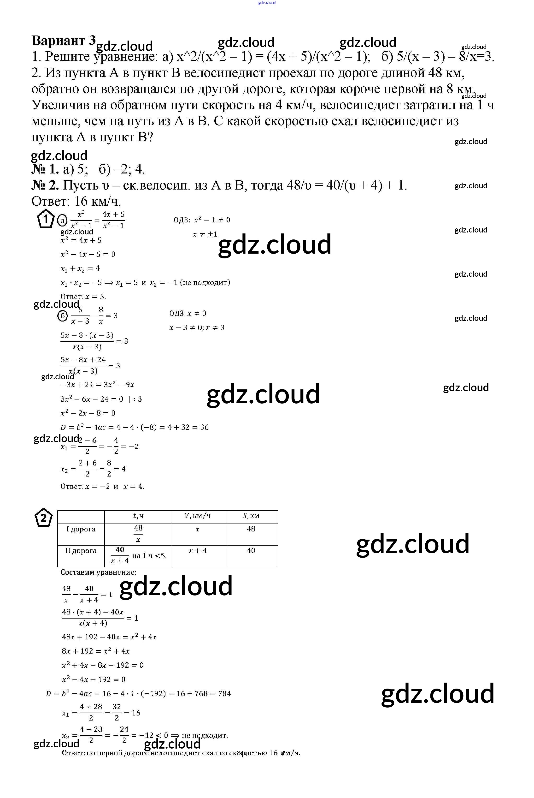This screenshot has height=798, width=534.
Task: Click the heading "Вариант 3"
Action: click(64, 41)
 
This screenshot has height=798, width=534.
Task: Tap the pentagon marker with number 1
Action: click(45, 220)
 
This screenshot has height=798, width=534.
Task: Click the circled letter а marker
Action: click(62, 220)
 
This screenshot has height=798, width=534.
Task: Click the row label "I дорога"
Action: click(81, 529)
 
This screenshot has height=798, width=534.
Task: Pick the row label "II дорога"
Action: click(81, 551)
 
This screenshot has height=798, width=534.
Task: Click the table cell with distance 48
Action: click(251, 529)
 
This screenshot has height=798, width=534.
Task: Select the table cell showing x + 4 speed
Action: click(198, 551)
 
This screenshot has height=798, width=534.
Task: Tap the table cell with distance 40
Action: click(251, 551)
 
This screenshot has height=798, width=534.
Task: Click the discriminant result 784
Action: click(224, 693)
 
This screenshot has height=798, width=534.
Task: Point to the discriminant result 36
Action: click(204, 427)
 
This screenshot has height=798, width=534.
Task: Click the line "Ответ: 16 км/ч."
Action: click(76, 201)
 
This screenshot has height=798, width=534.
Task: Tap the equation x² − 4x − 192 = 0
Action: click(94, 679)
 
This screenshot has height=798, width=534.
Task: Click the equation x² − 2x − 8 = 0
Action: click(88, 413)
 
